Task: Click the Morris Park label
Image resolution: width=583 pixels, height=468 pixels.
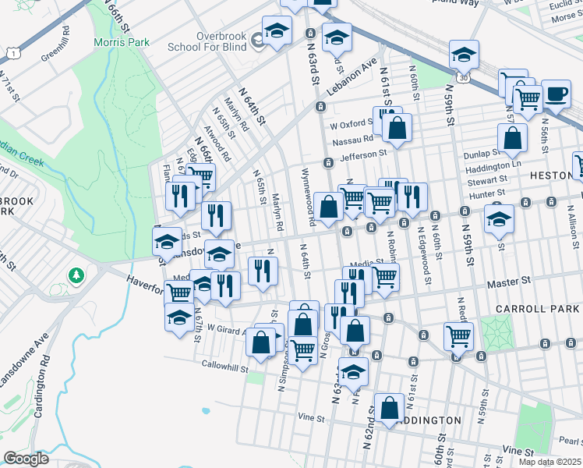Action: pos(121,42)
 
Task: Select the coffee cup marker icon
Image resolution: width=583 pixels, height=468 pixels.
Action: pos(556,94)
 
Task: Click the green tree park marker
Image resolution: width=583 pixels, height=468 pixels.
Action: pos(76,275)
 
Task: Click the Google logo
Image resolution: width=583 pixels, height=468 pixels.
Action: pos(26,459)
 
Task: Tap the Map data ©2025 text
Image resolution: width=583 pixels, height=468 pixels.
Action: pos(550,462)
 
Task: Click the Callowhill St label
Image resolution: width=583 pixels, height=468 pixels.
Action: pos(224,364)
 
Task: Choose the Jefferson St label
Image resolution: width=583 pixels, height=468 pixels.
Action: pos(363,155)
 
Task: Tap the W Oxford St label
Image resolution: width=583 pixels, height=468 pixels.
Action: pos(348,124)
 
